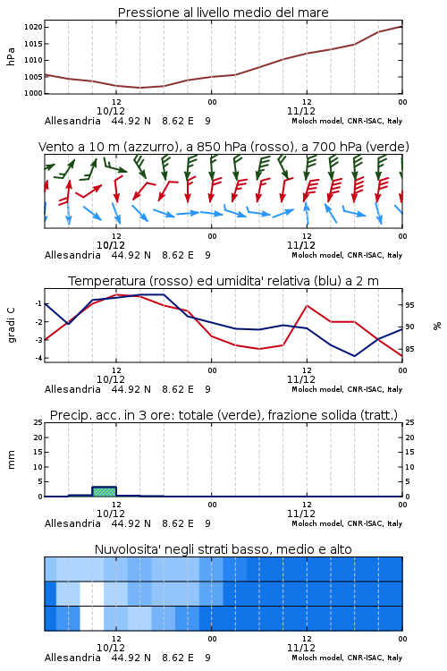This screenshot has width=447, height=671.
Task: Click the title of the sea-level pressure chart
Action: pos(223,13)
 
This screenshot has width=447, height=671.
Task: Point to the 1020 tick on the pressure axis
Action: pos(33,28)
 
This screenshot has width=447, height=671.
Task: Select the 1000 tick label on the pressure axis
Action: pos(33,93)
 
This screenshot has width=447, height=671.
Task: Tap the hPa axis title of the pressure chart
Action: pos(11,56)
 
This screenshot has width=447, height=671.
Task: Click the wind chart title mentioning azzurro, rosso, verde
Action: pos(223,147)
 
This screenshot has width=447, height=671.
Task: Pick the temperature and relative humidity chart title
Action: pos(223,281)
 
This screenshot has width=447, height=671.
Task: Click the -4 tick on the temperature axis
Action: pos(38,358)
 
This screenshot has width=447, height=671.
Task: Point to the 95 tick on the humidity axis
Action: pos(409,305)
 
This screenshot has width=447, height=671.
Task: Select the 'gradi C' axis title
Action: pos(12,325)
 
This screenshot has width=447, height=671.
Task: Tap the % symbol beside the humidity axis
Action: pos(437,326)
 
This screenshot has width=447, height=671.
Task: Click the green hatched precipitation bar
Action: pos(105,492)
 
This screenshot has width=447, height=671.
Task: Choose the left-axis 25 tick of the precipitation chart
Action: pos(38,422)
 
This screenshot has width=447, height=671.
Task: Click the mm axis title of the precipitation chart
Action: pos(11,460)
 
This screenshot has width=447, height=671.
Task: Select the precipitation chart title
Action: pos(223,415)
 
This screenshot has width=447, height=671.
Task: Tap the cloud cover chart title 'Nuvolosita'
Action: pos(223,549)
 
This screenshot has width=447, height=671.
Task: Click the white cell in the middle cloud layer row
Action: pos(92,593)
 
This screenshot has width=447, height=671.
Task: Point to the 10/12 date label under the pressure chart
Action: pos(111,111)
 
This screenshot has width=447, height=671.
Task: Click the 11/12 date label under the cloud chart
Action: pos(301,648)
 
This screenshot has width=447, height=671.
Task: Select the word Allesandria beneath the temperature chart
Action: pos(72,389)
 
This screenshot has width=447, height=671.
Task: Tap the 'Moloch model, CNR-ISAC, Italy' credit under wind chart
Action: pos(347,255)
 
